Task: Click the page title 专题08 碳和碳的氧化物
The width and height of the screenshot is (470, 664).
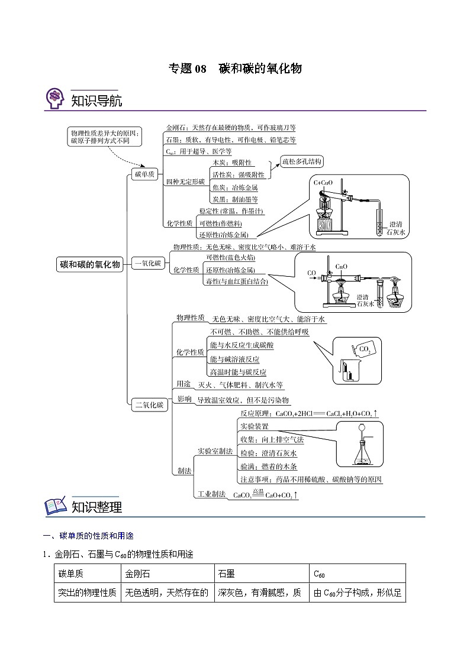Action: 235,69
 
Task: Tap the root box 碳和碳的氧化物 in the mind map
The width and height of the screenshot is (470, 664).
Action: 89,264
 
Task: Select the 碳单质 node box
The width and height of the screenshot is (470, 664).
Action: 145,174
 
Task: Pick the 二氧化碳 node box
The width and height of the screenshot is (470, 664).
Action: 149,405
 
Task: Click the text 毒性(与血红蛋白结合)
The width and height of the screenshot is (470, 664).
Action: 236,281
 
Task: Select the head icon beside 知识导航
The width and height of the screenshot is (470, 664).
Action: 55,99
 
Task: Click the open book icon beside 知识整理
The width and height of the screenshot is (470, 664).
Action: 56,506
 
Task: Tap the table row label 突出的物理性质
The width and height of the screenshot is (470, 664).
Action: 87,592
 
